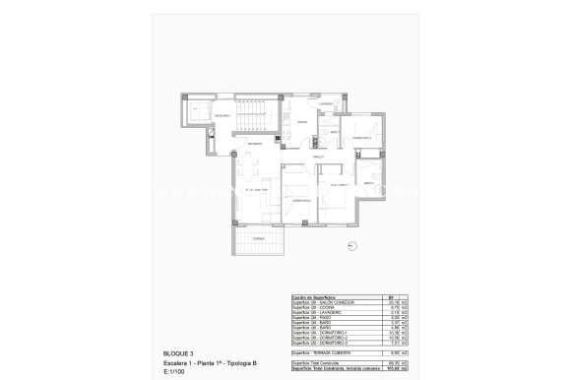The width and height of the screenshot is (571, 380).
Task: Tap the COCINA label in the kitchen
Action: click(x=303, y=123)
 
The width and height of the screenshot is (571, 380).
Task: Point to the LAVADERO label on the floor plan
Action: click(x=328, y=104)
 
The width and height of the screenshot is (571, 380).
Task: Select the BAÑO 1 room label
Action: click(x=335, y=131)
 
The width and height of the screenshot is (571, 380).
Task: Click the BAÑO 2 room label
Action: click(x=368, y=183)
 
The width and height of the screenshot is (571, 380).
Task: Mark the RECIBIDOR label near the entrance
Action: click(x=255, y=145)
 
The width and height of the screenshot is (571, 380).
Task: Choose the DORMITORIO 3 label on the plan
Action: click(x=362, y=138)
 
